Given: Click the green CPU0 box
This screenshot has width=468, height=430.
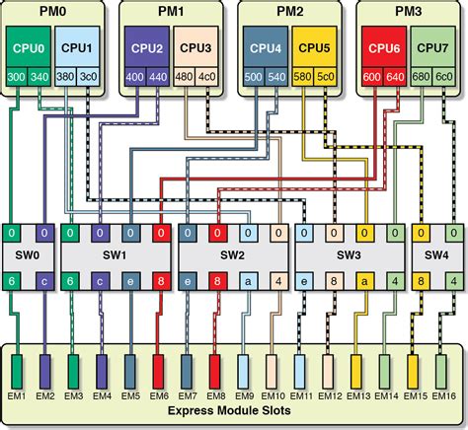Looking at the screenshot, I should point(28,45).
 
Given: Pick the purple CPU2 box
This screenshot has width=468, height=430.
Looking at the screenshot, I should point(145,45).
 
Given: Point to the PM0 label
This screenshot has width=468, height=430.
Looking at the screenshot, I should point(52,12).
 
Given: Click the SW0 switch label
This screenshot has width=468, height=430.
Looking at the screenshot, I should point(29,255).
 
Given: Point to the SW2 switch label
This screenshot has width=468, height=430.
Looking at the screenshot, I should point(233,255).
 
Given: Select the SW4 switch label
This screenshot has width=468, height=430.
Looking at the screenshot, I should point(437,255).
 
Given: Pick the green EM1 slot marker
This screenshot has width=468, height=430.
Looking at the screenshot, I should point(17,373).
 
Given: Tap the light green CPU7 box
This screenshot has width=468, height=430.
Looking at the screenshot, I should point(430,45).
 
